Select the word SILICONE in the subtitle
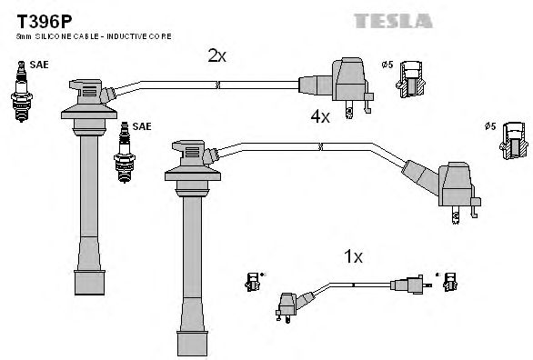58,35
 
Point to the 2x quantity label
216,55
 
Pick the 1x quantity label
353,256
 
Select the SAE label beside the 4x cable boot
143,126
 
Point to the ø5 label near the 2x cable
386,64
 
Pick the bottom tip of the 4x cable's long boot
190,343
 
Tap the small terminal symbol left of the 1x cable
253,282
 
